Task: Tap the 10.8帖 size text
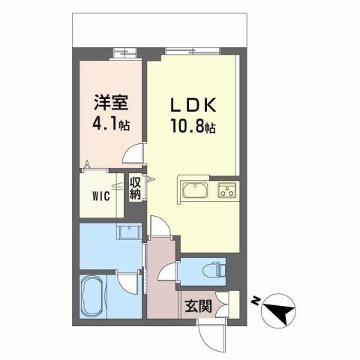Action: [192, 128]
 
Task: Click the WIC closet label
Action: [103, 197]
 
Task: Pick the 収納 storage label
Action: [136, 187]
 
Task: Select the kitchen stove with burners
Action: [226, 190]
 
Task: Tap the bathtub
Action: [95, 296]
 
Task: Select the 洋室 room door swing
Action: [134, 154]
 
